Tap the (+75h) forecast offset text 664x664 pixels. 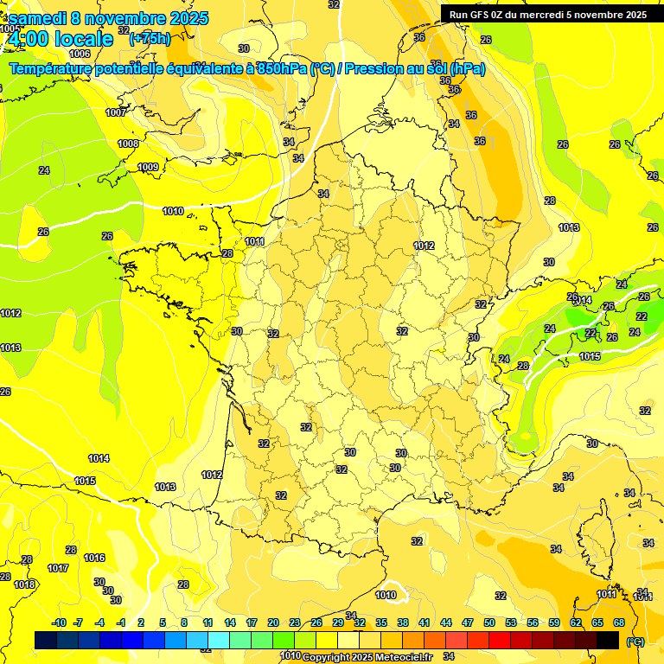click(150, 38)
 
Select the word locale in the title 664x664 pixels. click(83, 38)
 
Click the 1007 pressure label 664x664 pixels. click(116, 113)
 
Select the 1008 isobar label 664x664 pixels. click(128, 144)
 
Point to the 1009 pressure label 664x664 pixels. click(148, 167)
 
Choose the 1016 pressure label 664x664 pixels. click(94, 558)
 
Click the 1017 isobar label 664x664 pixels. click(58, 568)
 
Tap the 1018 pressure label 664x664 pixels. click(24, 584)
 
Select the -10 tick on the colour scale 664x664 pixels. click(59, 622)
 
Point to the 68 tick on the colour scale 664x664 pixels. click(619, 622)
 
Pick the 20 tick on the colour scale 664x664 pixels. click(273, 622)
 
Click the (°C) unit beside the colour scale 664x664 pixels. click(635, 642)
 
